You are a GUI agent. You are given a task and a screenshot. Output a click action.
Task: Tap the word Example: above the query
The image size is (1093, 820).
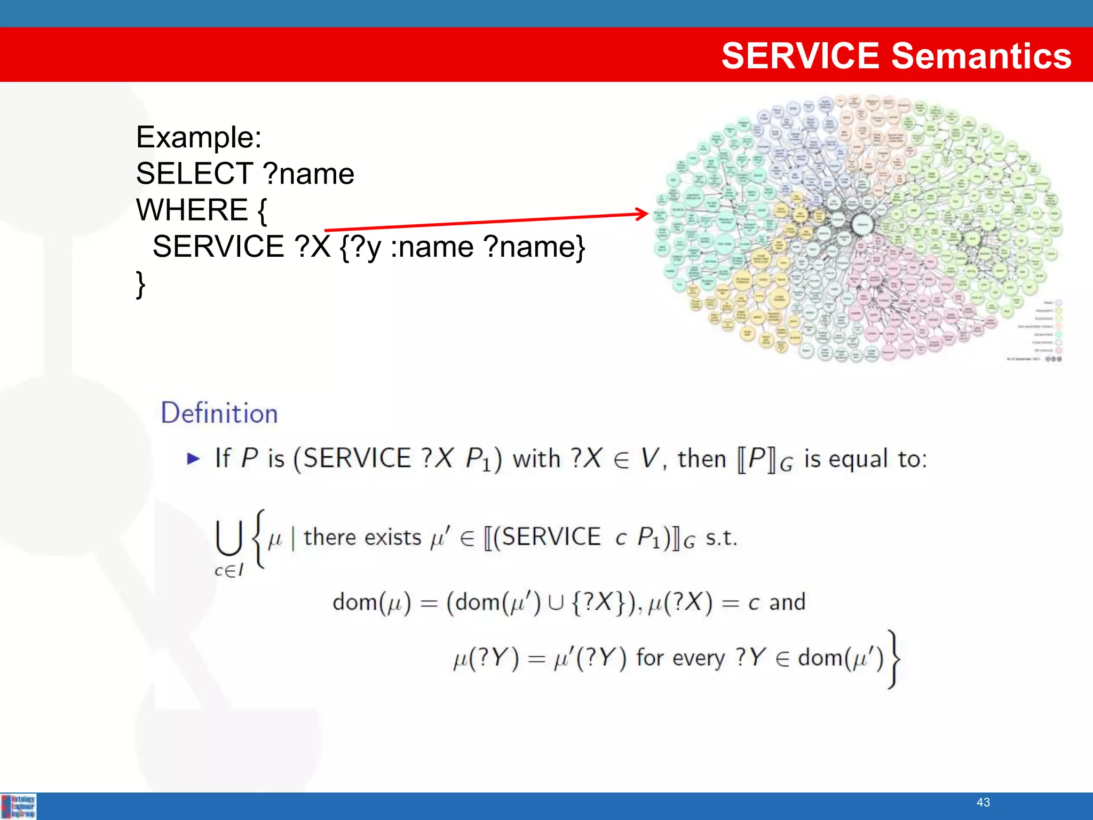[199, 137]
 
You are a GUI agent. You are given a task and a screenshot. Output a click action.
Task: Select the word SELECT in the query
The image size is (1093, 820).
[194, 174]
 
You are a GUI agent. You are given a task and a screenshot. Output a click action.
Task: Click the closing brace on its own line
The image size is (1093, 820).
[140, 284]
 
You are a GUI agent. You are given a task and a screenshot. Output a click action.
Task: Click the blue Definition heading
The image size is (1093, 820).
[219, 413]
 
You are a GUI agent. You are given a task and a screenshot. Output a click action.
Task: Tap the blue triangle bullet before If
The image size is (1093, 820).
[193, 459]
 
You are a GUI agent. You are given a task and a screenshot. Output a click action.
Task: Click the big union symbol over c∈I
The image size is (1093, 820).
[229, 538]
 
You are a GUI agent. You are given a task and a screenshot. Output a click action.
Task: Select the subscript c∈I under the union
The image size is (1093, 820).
[228, 571]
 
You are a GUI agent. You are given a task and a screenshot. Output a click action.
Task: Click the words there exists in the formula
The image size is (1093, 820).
[362, 537]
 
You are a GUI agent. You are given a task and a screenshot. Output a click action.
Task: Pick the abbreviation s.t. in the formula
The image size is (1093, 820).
[720, 538]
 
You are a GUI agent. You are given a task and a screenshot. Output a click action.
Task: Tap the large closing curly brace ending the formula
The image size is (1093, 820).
[893, 659]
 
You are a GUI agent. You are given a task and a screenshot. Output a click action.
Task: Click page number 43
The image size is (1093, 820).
[983, 802]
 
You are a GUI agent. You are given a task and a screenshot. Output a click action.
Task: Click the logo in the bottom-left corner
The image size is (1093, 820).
[19, 806]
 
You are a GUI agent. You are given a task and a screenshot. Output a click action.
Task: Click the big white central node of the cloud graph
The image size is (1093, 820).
[862, 225]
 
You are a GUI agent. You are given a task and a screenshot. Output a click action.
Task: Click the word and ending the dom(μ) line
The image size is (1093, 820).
[787, 602]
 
